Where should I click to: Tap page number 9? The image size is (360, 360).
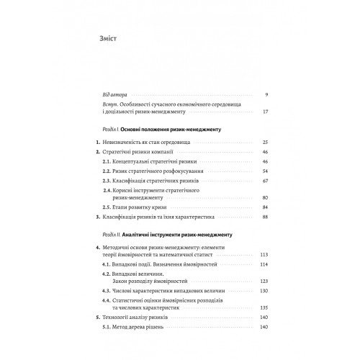[266, 95]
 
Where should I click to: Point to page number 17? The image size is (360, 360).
[265, 112]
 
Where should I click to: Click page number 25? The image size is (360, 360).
[265, 143]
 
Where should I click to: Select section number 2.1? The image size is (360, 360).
[105, 163]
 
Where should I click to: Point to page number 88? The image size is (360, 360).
[265, 217]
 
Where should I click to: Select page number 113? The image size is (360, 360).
[264, 255]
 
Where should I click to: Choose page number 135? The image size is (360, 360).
[264, 307]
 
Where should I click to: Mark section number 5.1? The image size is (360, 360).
[105, 328]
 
